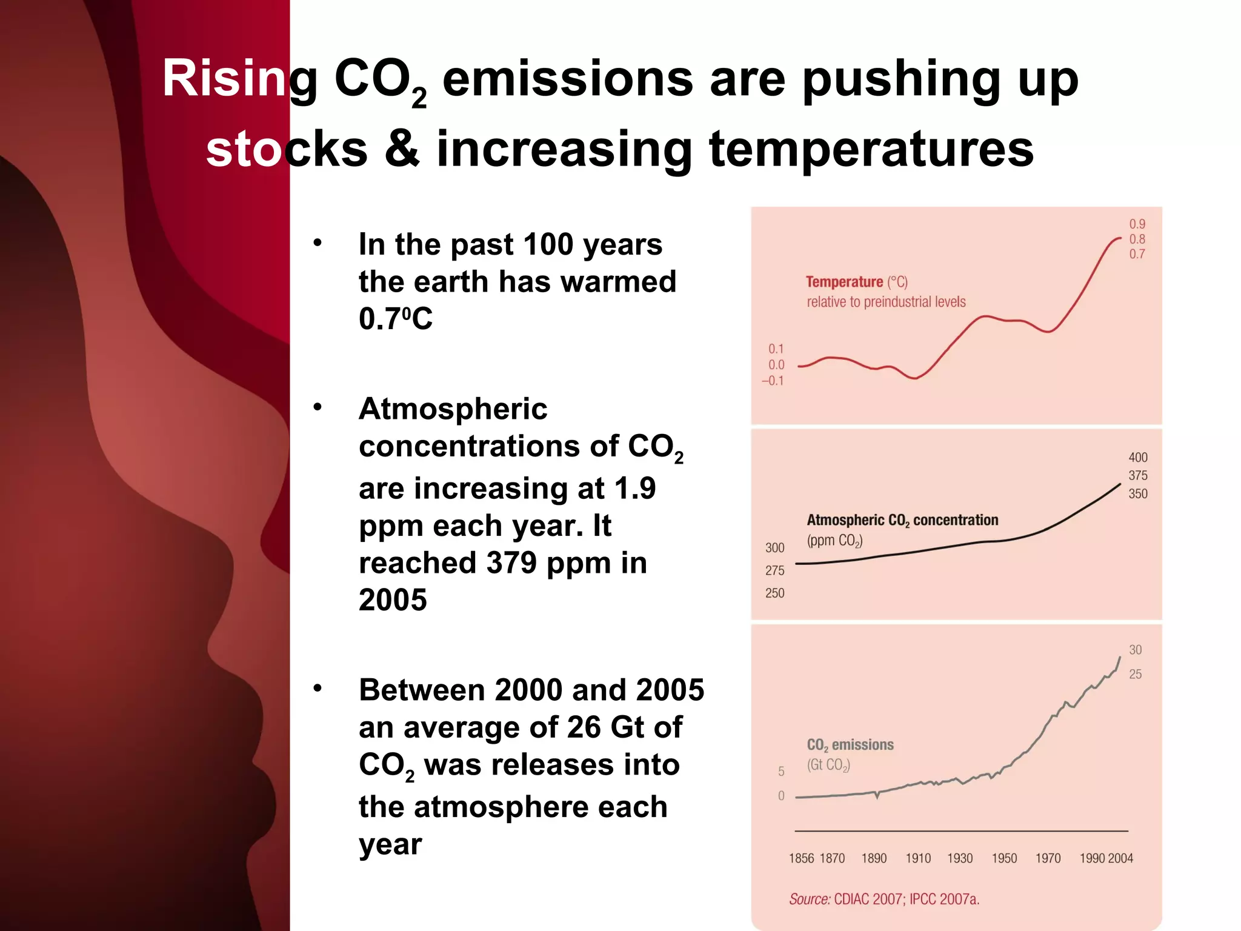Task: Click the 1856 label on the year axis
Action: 801,858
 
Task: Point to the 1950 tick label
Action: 1004,858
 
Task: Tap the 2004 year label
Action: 1120,858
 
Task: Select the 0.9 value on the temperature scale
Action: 1137,224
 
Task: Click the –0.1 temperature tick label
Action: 773,381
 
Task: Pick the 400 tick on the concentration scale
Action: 1137,458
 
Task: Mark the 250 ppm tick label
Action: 774,593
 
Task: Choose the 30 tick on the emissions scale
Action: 1135,650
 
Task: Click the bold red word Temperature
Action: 844,282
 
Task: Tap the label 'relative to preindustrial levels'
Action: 886,302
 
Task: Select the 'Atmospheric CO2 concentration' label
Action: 902,520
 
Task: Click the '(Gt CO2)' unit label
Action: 828,765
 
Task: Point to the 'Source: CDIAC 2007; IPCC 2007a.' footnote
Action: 884,899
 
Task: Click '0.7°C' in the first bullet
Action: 396,319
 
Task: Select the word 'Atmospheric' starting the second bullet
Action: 453,409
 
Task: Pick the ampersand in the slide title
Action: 402,149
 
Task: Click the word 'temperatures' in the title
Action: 871,149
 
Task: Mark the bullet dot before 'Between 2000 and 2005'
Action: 318,689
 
